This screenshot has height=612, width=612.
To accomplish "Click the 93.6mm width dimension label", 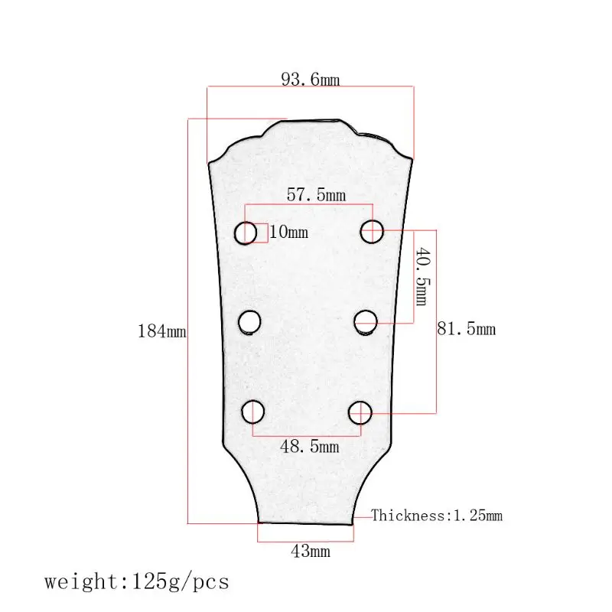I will tap(310, 80).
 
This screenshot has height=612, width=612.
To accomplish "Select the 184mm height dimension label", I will tap(161, 331).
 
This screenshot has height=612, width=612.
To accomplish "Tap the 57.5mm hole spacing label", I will tap(316, 195).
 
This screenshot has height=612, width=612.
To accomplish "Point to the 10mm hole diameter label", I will tap(288, 232).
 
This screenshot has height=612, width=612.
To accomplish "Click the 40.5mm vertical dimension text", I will tap(422, 275).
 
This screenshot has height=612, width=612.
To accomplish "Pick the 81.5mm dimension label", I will tap(466, 329).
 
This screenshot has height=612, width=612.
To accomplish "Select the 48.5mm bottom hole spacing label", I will tap(309, 446).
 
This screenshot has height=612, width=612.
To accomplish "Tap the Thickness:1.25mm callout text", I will tap(437, 516).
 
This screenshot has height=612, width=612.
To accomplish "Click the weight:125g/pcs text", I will tap(136, 581).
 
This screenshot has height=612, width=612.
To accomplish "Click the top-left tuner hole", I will tap(246, 233).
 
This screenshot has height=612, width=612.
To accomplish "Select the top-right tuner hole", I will tap(372, 229).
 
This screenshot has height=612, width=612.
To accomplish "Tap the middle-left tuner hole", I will tap(249, 323).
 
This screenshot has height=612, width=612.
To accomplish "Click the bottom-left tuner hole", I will tap(252, 412).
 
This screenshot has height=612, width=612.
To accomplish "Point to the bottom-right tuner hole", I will tap(360, 412).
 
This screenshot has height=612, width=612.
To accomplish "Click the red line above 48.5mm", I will tap(306, 435).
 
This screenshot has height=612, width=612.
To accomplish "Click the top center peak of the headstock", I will tap(314, 120).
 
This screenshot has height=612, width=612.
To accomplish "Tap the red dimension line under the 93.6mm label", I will tap(310, 88).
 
